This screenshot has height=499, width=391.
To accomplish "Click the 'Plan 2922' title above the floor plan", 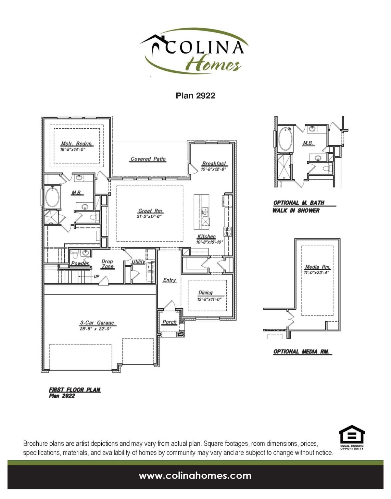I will (x=195, y=96).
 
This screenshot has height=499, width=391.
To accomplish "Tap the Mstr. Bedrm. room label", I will (x=77, y=144).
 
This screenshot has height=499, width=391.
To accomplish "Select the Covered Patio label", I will (x=148, y=159).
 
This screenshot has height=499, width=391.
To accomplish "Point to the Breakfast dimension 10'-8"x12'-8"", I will (x=213, y=169).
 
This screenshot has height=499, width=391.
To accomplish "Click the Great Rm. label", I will (x=150, y=211).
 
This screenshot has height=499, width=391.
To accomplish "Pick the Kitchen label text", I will (x=206, y=237).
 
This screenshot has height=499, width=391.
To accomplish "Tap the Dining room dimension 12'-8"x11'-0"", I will (x=209, y=299).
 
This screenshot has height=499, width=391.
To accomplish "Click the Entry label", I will (x=170, y=280).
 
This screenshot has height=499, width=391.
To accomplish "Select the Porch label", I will (x=170, y=322).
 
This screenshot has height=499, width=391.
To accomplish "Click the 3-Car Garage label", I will (x=97, y=323).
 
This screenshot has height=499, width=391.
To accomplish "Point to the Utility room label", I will (x=138, y=262).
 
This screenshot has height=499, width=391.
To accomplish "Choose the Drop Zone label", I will (x=107, y=264).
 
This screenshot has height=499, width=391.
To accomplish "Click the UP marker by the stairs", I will (x=96, y=276).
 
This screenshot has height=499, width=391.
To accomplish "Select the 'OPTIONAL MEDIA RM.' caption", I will (x=301, y=352).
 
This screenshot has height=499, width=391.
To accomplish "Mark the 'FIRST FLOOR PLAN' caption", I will (x=74, y=390).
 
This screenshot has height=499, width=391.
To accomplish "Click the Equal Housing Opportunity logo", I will (x=352, y=437).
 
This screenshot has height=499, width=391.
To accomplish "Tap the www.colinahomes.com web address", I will (x=195, y=476).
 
